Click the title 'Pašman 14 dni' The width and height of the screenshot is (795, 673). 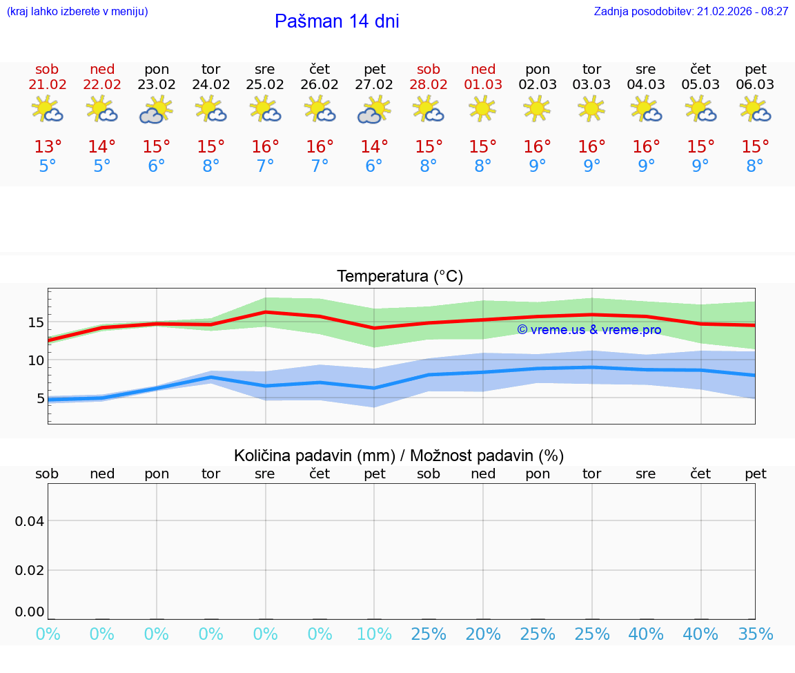(x=337, y=21)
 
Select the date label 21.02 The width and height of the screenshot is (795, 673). (x=47, y=85)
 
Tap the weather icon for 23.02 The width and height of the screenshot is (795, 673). (x=156, y=110)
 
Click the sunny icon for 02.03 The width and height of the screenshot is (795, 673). (x=537, y=109)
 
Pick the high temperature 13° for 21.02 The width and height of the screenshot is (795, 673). (x=48, y=147)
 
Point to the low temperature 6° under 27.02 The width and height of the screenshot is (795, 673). (x=374, y=166)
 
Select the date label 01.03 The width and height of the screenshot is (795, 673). (x=483, y=85)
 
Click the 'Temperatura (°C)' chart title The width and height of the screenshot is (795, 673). (x=400, y=277)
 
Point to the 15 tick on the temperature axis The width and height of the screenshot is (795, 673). (x=36, y=322)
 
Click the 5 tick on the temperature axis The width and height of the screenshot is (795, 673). (x=40, y=398)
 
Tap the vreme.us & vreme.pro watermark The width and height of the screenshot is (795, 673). (x=589, y=330)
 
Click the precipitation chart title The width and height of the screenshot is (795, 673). (x=399, y=456)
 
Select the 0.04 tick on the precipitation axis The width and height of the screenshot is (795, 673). (x=30, y=521)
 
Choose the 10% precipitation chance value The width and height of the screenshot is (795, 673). (x=374, y=634)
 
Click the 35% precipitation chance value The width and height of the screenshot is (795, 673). (x=755, y=634)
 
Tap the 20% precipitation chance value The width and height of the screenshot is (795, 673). (x=483, y=634)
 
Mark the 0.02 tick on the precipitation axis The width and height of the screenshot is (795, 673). (x=30, y=570)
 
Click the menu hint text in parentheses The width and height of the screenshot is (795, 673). (x=77, y=12)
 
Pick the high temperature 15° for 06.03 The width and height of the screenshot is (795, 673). (x=755, y=147)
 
